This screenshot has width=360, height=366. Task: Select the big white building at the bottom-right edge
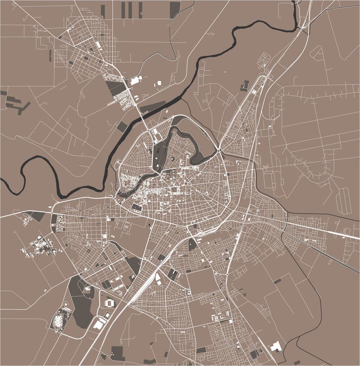point(275,346)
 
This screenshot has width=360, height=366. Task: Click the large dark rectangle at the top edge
point(175,9)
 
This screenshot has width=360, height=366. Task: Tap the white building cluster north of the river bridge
point(135,80)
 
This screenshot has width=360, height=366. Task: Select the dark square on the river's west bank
point(122,127)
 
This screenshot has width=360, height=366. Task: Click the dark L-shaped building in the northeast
point(244,85)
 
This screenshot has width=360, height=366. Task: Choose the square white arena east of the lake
point(109,303)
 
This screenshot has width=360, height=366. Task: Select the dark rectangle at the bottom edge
point(117,353)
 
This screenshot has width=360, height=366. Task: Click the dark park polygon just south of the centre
point(193,244)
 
